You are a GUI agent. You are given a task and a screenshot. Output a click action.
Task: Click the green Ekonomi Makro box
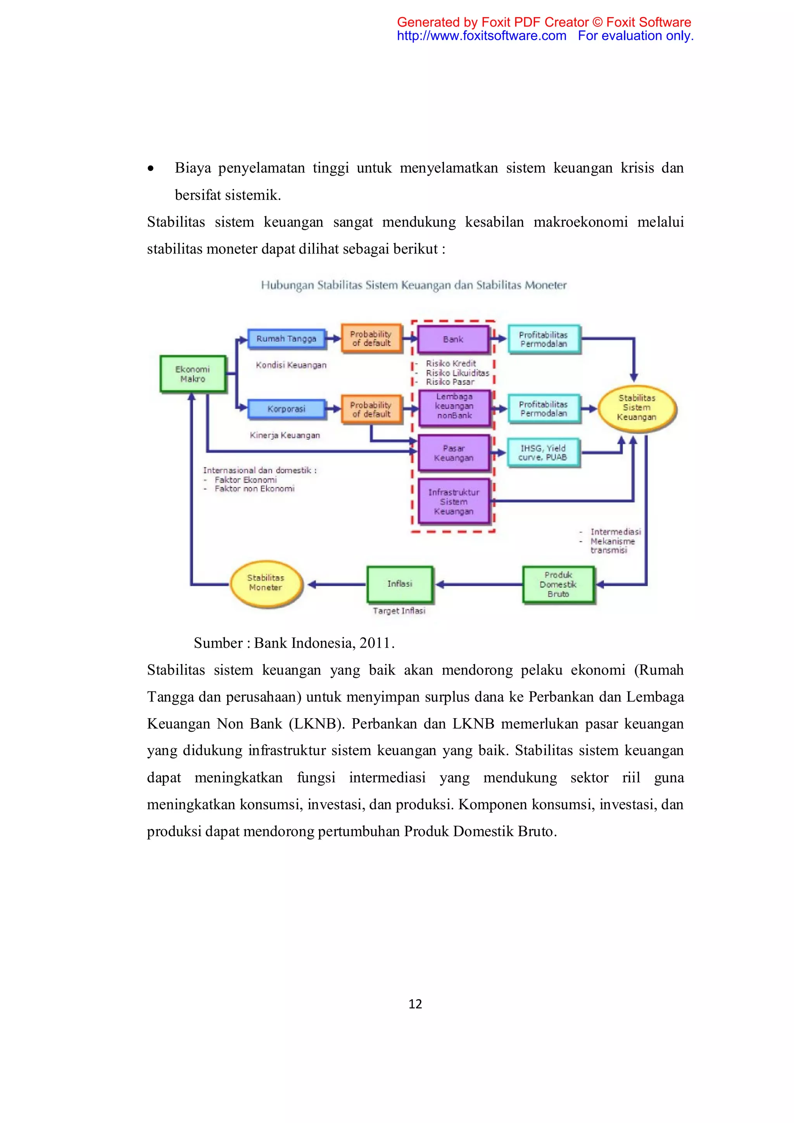[x=193, y=374]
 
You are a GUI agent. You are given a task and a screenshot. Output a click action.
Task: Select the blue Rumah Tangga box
[x=287, y=339]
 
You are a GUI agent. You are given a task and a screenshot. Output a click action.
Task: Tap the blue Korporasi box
[x=287, y=409]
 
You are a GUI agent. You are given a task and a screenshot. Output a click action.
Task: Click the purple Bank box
[x=453, y=339]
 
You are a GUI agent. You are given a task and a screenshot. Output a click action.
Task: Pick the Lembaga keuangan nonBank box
[x=454, y=406]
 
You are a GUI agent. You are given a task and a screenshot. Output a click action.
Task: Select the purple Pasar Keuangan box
[x=454, y=453]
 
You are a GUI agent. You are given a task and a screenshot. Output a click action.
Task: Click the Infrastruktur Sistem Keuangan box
[x=454, y=501]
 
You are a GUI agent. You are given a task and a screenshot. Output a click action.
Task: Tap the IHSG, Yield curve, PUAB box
[x=543, y=453]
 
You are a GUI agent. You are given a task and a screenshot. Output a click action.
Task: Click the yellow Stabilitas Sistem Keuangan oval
[x=637, y=408]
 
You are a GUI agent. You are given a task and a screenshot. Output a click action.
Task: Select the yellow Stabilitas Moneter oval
[x=266, y=583]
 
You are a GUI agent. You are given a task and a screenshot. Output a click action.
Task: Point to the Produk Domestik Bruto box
[x=558, y=584]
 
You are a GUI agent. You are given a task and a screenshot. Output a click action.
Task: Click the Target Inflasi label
[x=399, y=611]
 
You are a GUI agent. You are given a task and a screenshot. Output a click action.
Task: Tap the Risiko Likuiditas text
[x=457, y=373]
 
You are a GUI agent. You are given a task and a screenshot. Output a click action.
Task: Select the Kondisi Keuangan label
[x=291, y=365]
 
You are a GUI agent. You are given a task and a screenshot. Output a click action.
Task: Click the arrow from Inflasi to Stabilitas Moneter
[x=337, y=584]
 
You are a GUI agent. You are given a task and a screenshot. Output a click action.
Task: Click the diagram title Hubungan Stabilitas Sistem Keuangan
[x=414, y=285]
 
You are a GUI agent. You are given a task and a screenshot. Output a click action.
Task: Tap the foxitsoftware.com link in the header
[x=481, y=36]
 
